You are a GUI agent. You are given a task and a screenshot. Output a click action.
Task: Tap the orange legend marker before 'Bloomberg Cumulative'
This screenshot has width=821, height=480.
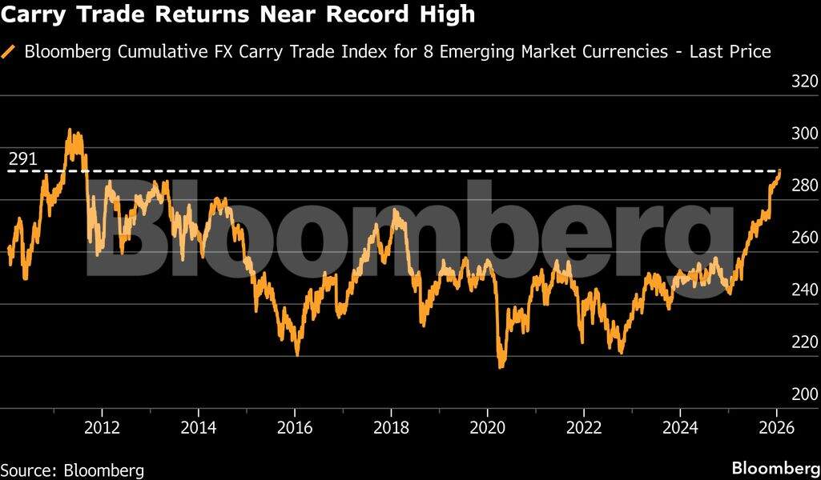[x=10, y=52]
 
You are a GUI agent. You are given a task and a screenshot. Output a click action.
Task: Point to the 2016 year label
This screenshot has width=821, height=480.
[x=295, y=426]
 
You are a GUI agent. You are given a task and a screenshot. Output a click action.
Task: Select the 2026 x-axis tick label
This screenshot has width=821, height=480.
[x=776, y=426]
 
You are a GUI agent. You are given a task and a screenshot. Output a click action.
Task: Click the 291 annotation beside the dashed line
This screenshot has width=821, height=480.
[x=22, y=159]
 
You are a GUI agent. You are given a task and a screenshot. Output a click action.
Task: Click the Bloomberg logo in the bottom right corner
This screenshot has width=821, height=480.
[x=775, y=467]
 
